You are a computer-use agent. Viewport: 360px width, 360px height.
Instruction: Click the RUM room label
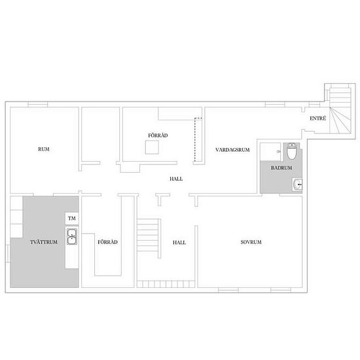click(x=44, y=150)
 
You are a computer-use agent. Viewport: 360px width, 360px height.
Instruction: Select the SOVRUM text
click(x=251, y=242)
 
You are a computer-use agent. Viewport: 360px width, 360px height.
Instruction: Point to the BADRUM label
click(x=281, y=168)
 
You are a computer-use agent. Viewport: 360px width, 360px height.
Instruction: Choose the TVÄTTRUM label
click(x=45, y=242)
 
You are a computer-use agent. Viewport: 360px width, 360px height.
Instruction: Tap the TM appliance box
click(x=71, y=218)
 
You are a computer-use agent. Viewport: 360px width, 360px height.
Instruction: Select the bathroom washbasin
click(x=298, y=185)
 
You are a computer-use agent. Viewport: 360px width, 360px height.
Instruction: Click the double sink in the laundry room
click(x=71, y=236)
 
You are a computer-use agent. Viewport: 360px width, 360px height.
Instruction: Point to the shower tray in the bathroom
click(x=270, y=151)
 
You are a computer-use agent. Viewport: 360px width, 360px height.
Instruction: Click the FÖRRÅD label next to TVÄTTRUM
click(x=107, y=242)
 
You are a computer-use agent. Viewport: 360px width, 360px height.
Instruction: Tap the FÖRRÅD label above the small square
click(x=158, y=135)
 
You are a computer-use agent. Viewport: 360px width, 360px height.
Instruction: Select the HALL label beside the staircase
click(x=179, y=242)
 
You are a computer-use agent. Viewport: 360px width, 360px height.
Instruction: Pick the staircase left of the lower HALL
click(x=148, y=233)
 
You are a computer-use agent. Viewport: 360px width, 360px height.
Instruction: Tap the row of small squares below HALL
click(x=166, y=284)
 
